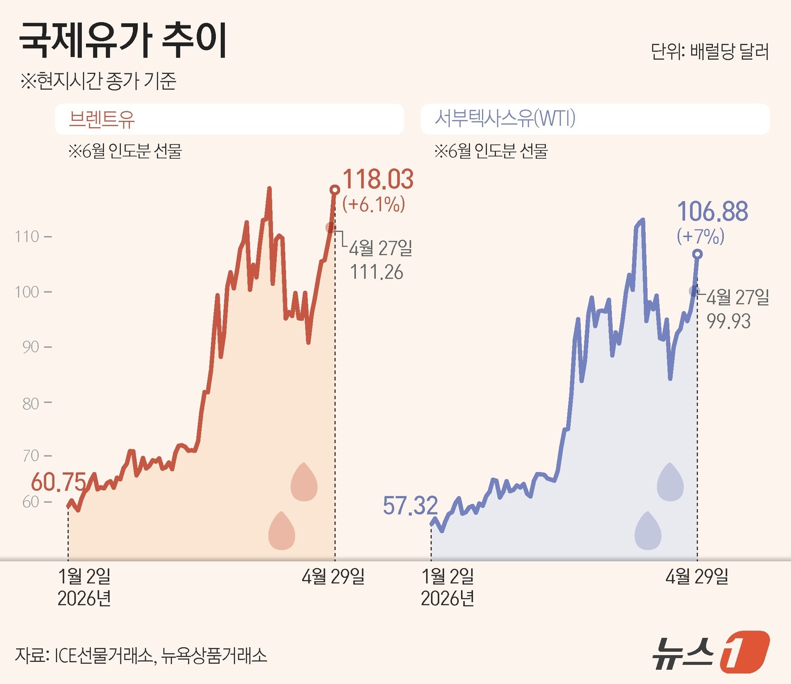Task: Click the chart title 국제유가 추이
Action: [123, 41]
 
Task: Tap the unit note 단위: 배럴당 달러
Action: [710, 51]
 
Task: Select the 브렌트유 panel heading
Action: [102, 119]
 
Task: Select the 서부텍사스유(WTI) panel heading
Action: [505, 119]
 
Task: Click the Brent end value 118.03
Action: [378, 180]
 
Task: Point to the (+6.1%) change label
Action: [373, 204]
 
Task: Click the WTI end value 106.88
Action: [712, 212]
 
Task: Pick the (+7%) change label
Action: [701, 236]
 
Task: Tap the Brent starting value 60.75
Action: [58, 482]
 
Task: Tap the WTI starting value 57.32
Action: [410, 506]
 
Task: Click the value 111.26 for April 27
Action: [376, 272]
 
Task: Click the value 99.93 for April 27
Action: [728, 321]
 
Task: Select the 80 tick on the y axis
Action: [31, 403]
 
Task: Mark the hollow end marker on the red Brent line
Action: [334, 190]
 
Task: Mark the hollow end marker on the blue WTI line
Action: [697, 254]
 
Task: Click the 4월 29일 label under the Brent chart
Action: [333, 577]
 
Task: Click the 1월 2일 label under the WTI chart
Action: [447, 577]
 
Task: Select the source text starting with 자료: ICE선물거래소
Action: [141, 655]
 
